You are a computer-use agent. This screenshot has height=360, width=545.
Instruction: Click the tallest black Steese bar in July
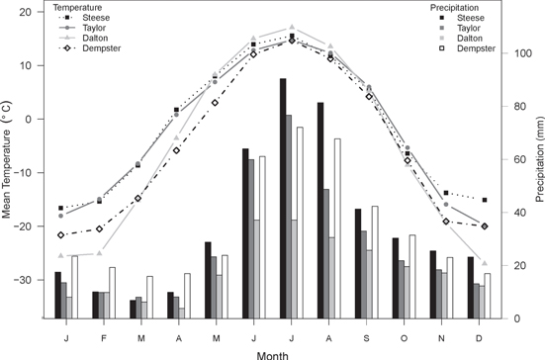click(283, 198)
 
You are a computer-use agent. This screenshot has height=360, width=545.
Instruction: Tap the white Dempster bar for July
click(299, 223)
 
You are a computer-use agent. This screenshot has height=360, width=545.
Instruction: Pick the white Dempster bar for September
click(375, 262)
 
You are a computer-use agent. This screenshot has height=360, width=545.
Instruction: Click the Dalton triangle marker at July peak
click(291, 28)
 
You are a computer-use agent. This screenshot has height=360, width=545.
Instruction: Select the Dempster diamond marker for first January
click(61, 235)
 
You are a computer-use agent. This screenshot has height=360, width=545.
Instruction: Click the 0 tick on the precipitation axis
click(513, 318)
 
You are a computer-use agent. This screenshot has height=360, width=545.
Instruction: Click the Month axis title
click(272, 352)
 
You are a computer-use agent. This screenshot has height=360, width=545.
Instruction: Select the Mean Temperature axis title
click(8, 165)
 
